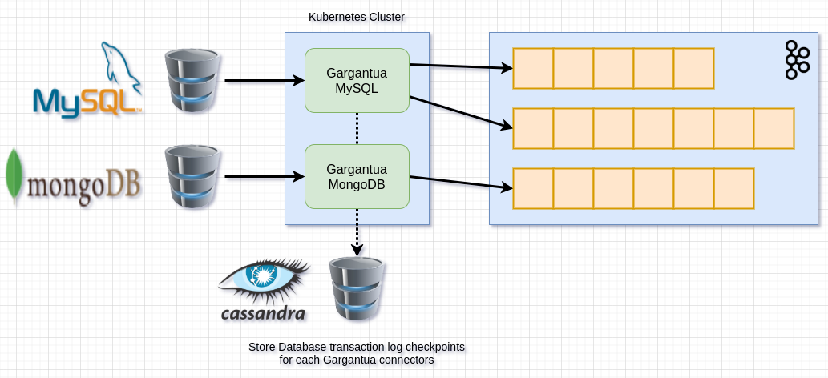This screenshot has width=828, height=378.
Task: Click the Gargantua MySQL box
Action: [357, 80]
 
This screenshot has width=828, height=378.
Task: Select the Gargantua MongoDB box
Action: [357, 176]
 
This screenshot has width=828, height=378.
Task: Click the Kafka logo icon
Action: [796, 60]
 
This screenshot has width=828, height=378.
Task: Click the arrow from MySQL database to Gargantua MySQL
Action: [265, 80]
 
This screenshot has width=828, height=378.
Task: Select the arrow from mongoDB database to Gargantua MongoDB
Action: [265, 176]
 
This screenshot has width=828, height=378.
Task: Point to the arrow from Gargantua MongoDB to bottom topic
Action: [461, 183]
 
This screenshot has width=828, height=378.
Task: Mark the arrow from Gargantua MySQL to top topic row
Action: [461, 66]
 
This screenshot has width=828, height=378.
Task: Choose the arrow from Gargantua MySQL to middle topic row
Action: [461, 112]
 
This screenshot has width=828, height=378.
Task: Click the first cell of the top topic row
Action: [533, 68]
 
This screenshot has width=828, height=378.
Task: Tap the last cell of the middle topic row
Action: [773, 128]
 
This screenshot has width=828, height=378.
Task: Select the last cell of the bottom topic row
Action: [733, 188]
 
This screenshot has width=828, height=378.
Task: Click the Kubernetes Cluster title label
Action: [358, 18]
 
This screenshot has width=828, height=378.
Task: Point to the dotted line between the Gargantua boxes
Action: [357, 128]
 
